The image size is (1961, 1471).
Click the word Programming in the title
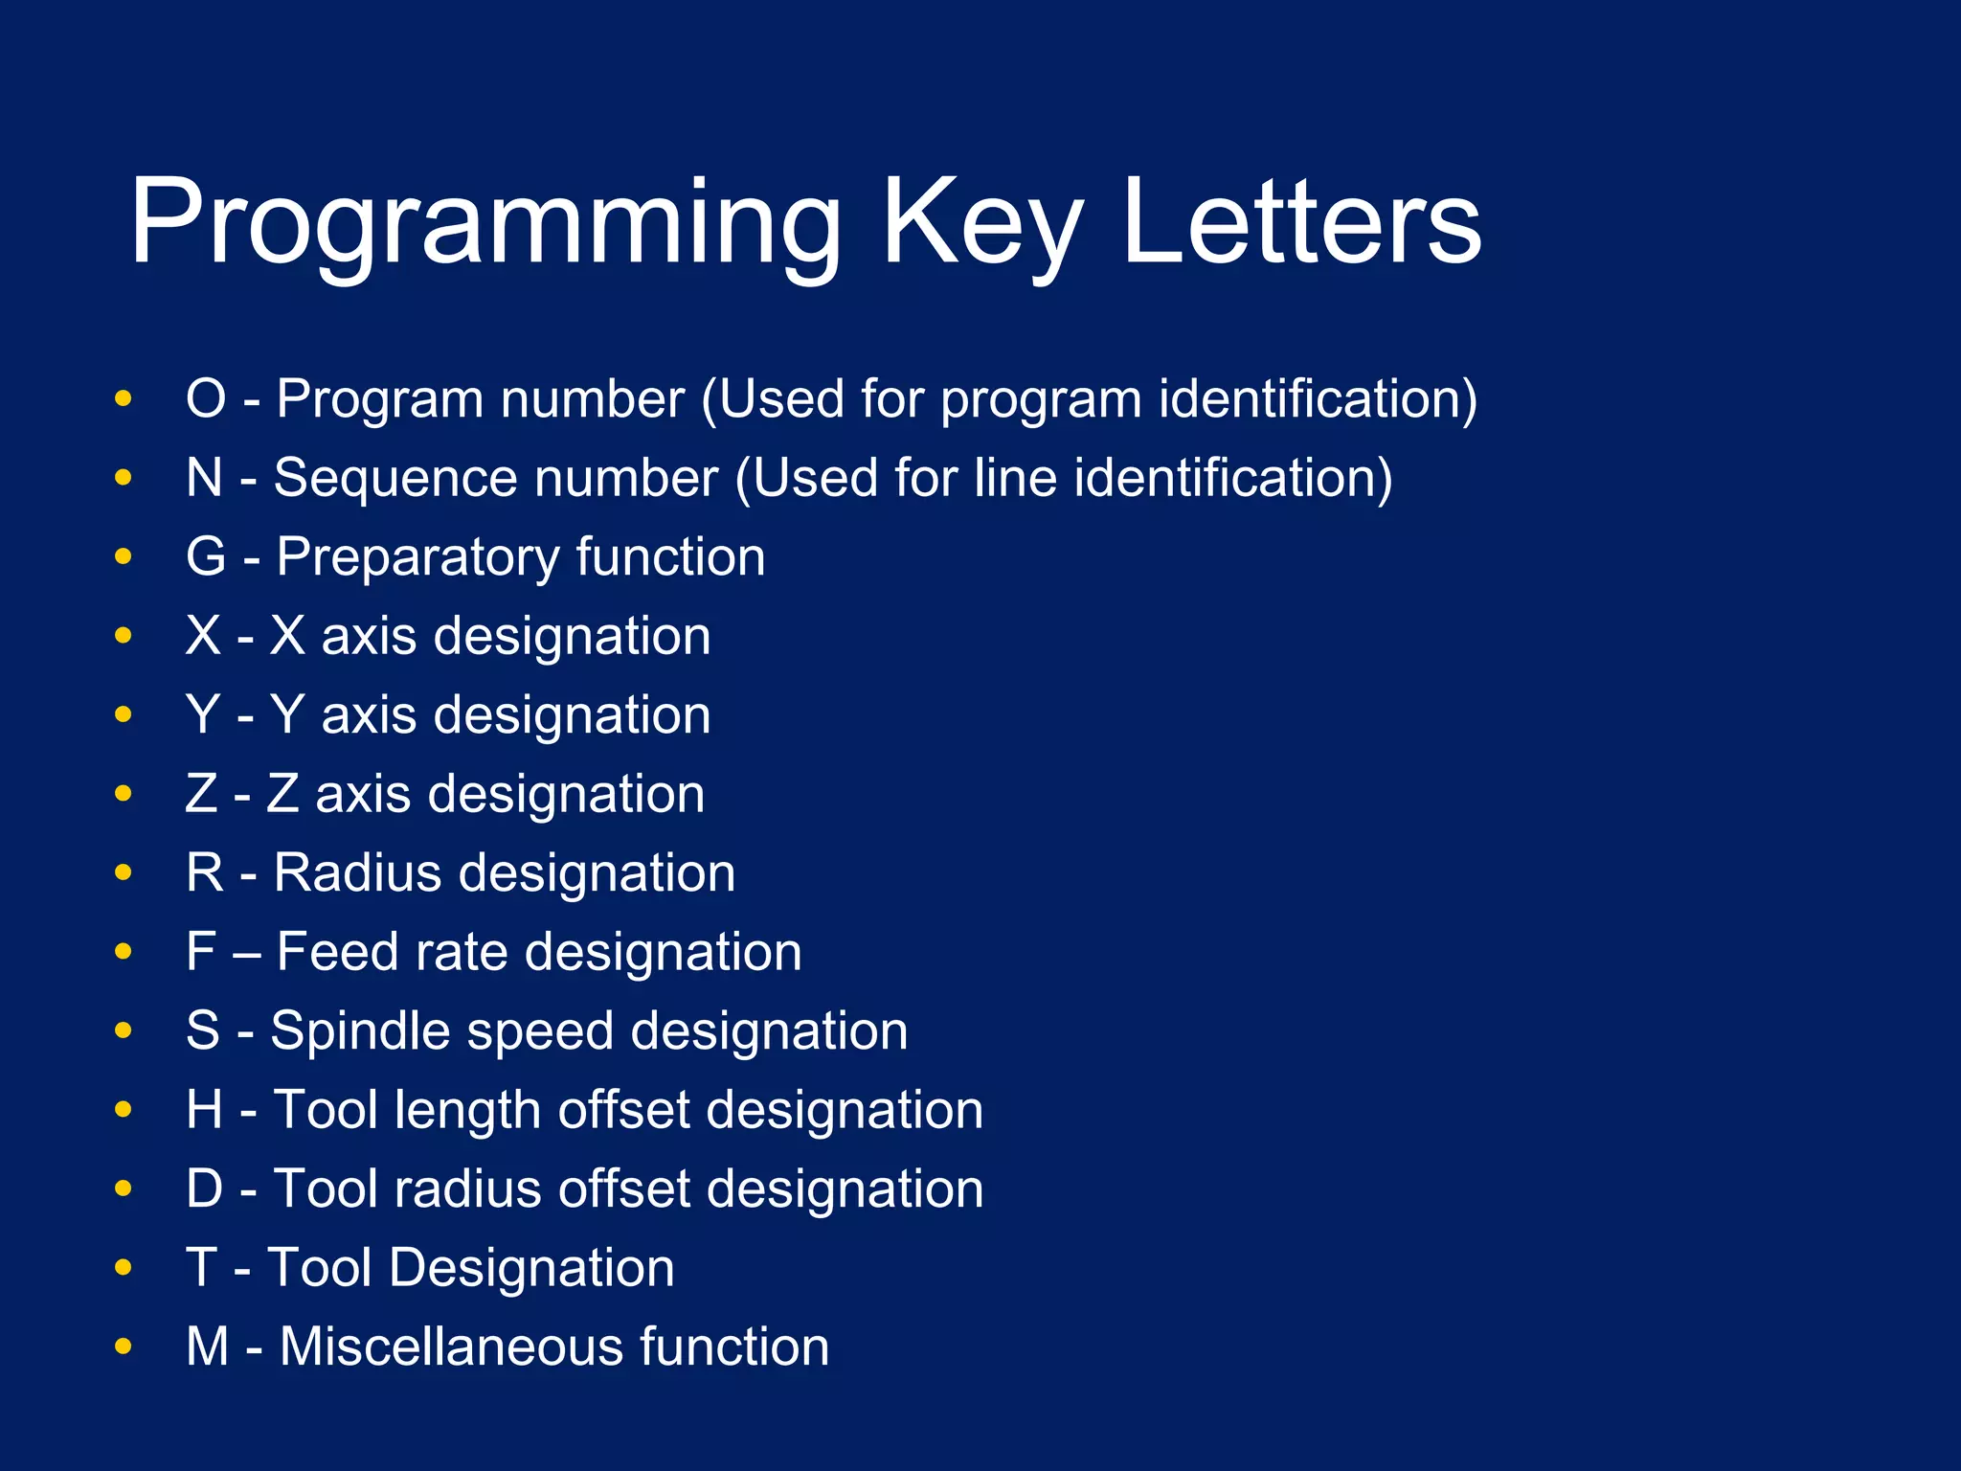point(484,222)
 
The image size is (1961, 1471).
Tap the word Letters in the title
point(1301,222)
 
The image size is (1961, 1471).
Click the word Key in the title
point(981,222)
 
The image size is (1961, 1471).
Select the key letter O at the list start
point(206,398)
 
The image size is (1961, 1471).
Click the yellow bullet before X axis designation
point(123,636)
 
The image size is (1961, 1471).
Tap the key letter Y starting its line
point(204,714)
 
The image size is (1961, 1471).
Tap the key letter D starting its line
point(205,1188)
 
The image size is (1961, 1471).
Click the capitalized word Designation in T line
point(531,1268)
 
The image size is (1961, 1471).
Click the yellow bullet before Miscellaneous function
point(123,1347)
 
